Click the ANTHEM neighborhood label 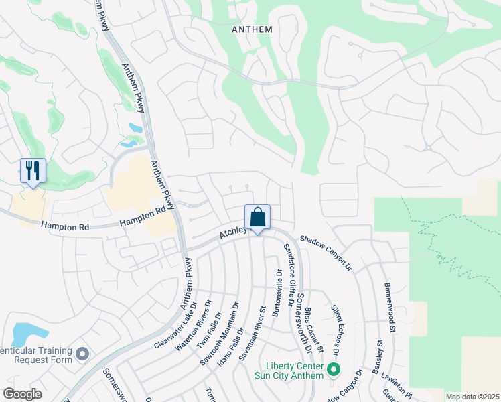click(252, 29)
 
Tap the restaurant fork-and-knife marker click(32, 171)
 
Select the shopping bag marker click(257, 217)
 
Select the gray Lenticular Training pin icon click(82, 353)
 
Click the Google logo click(22, 394)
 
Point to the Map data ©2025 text click(472, 397)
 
